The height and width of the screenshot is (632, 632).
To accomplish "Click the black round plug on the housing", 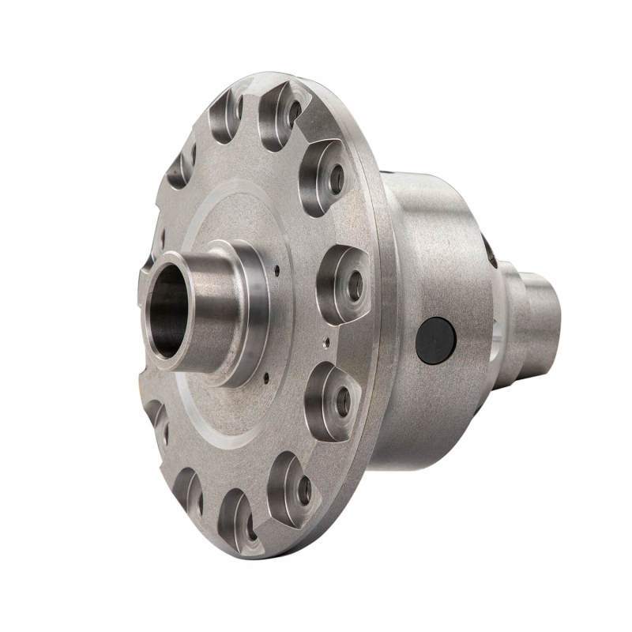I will click(436, 340).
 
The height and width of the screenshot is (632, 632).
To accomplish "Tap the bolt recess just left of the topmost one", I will click(228, 117).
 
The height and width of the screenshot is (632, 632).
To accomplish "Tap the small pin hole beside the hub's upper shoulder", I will click(277, 270).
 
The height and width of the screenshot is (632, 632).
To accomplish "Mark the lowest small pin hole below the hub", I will click(266, 378).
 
